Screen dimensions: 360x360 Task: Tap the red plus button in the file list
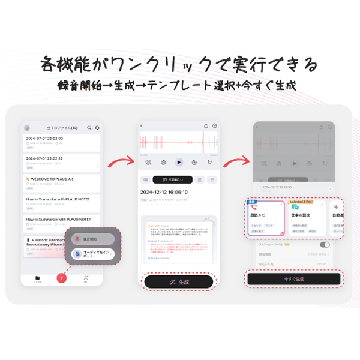pyautogui.click(x=61, y=278)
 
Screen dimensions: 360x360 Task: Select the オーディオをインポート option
pyautogui.click(x=92, y=254)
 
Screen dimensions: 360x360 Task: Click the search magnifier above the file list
pyautogui.click(x=89, y=128)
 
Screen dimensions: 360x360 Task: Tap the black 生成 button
pyautogui.click(x=179, y=281)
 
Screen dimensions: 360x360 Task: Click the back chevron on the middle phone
pyautogui.click(x=142, y=126)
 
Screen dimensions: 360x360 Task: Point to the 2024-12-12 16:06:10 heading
pyautogui.click(x=165, y=192)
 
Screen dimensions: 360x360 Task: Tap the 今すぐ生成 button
pyautogui.click(x=293, y=278)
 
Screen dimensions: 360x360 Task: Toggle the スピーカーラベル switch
pyautogui.click(x=325, y=245)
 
